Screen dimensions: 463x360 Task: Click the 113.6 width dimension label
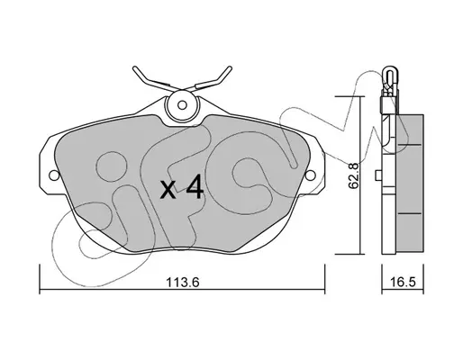[183, 282]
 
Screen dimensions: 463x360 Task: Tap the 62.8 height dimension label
[353, 175]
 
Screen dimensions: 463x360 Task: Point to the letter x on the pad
[168, 190]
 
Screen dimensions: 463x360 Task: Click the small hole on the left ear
[54, 175]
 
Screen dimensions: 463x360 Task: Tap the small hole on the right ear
[311, 175]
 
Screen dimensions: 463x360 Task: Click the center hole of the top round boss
[182, 105]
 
